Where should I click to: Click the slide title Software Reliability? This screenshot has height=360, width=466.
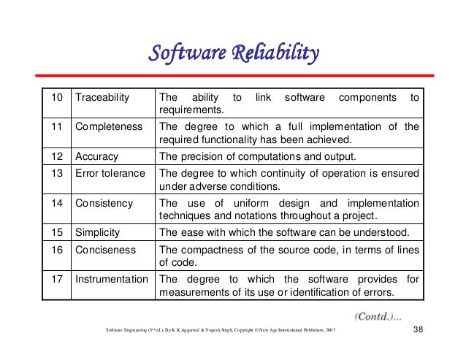click(234, 53)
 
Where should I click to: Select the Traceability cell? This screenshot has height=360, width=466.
click(102, 97)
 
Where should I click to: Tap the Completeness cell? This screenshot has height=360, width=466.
click(108, 126)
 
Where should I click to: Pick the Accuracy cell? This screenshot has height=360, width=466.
click(97, 156)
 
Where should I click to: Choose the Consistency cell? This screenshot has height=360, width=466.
click(104, 202)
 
